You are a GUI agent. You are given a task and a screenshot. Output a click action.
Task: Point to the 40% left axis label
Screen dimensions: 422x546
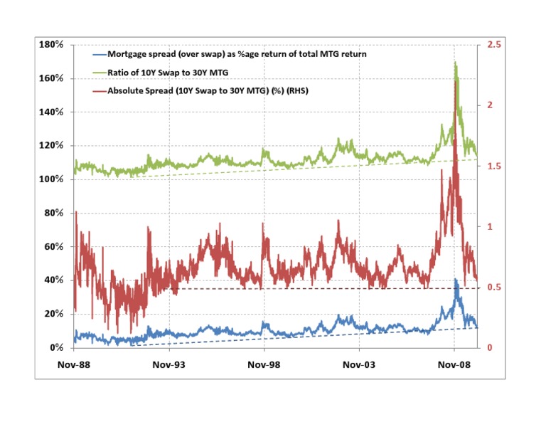56,280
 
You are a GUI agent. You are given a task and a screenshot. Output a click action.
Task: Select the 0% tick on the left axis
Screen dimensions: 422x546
59,348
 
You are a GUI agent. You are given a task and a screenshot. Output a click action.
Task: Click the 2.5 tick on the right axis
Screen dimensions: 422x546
493,45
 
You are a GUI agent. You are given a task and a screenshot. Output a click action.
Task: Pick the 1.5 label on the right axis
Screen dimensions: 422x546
493,166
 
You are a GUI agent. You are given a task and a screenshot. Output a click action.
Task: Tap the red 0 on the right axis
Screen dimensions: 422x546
488,348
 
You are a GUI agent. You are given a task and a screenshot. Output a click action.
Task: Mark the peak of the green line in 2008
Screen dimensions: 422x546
455,62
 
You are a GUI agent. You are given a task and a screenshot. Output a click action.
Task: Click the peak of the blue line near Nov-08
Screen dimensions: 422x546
455,279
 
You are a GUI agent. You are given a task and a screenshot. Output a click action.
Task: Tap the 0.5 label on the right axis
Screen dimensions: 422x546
493,288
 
